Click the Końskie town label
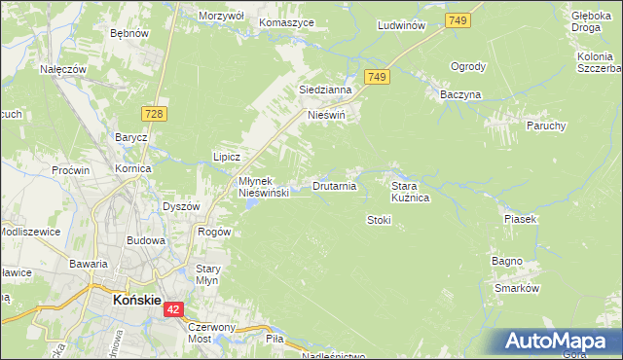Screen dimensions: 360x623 135,301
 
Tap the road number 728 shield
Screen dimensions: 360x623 155,115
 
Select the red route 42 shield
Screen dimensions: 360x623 173,309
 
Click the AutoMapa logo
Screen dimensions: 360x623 559,341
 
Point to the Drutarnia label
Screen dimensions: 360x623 334,185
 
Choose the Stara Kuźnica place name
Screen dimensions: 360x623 410,191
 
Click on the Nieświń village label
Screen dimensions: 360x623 327,115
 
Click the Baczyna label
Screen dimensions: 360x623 460,94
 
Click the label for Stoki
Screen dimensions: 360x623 379,220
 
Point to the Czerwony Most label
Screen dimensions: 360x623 212,333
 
